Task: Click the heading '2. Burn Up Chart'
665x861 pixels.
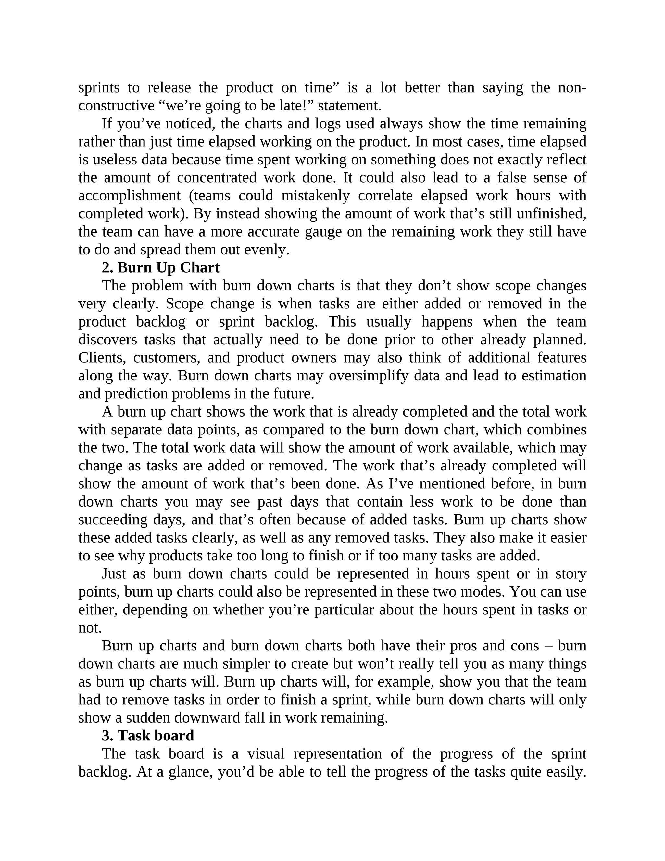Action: tap(160, 268)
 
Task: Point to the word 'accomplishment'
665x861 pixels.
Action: tap(129, 196)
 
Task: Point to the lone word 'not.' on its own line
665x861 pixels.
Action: tap(90, 628)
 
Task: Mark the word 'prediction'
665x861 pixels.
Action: tap(136, 393)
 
